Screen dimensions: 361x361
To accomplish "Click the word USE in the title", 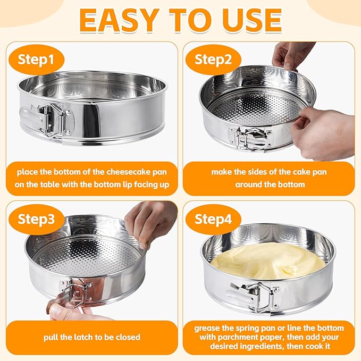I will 250,20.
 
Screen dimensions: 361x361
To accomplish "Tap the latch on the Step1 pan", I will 51,118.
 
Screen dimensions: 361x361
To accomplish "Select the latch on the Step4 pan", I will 252,296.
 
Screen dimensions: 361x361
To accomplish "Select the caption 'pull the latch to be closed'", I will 93,337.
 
